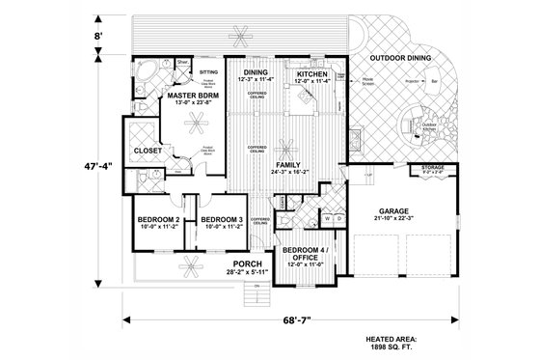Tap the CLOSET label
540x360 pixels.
[148, 151]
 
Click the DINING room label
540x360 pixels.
[255, 72]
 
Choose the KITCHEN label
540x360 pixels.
[314, 72]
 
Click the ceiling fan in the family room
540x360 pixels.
[285, 147]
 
